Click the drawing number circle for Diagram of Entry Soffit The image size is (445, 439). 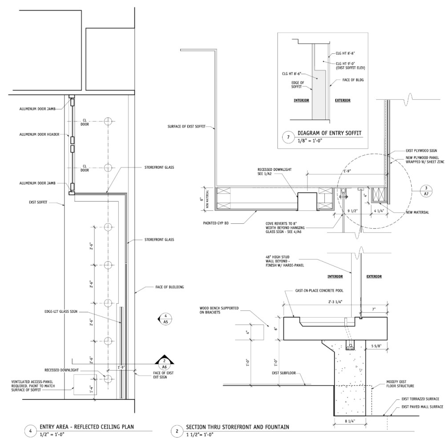(x=288, y=137)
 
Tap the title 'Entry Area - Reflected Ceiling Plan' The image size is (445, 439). (x=87, y=427)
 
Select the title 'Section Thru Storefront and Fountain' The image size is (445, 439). (x=238, y=427)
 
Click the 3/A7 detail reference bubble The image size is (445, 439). (x=426, y=191)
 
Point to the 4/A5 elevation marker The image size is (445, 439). (x=165, y=318)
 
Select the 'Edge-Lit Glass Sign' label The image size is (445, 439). (x=61, y=311)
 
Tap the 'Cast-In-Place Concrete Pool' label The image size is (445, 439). (x=319, y=291)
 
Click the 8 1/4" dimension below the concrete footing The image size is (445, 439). (x=349, y=421)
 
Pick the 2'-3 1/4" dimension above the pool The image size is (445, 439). (x=335, y=302)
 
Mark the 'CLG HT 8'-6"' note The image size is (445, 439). (x=291, y=74)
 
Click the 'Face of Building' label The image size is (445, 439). (x=170, y=287)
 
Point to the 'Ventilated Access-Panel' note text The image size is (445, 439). (x=33, y=386)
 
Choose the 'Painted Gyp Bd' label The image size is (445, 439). (x=216, y=223)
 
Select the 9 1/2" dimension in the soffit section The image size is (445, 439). (x=352, y=211)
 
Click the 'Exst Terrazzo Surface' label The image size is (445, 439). (x=420, y=399)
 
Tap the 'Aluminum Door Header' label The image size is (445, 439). (x=39, y=134)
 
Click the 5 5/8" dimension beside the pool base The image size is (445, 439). (x=376, y=346)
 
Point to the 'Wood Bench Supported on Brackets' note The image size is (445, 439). (x=219, y=310)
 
